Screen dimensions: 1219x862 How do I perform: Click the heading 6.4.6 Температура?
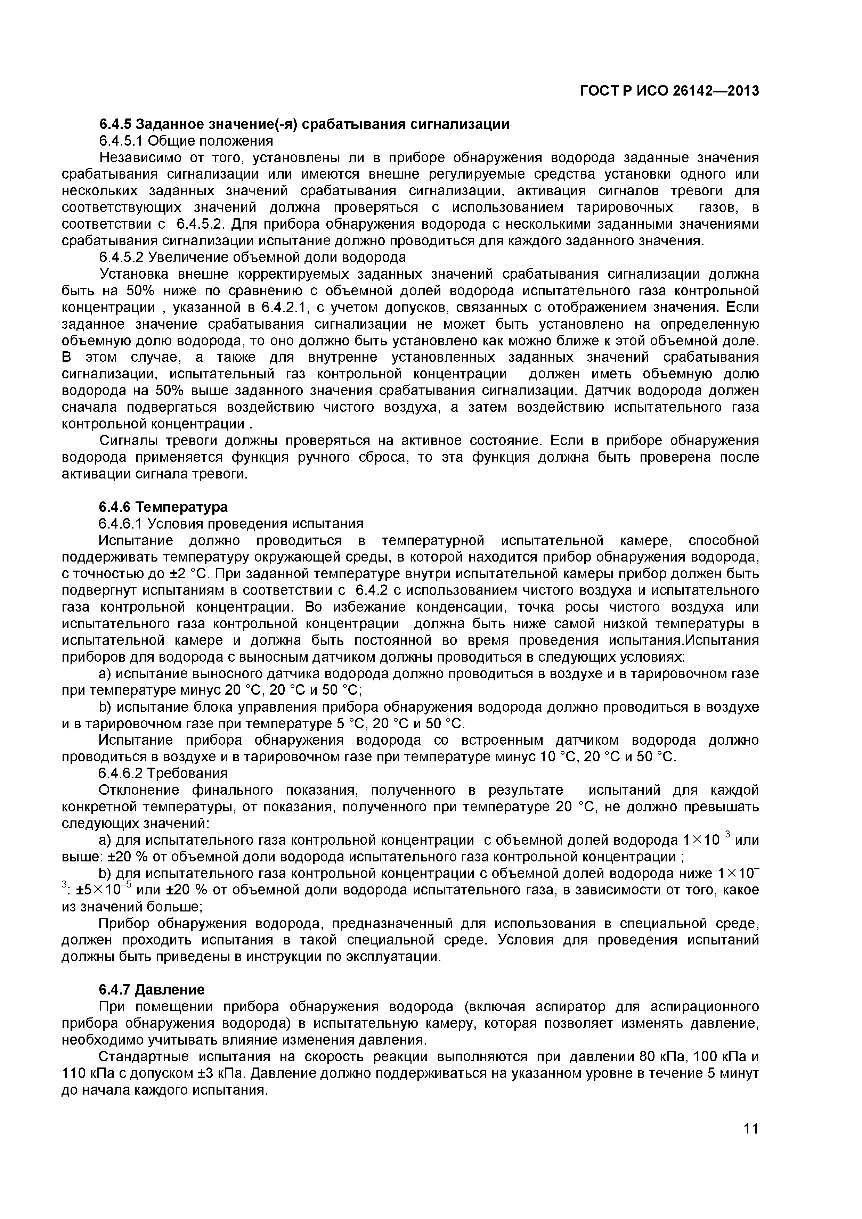tap(163, 507)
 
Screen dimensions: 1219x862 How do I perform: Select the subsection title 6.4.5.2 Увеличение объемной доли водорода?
tap(252, 257)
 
